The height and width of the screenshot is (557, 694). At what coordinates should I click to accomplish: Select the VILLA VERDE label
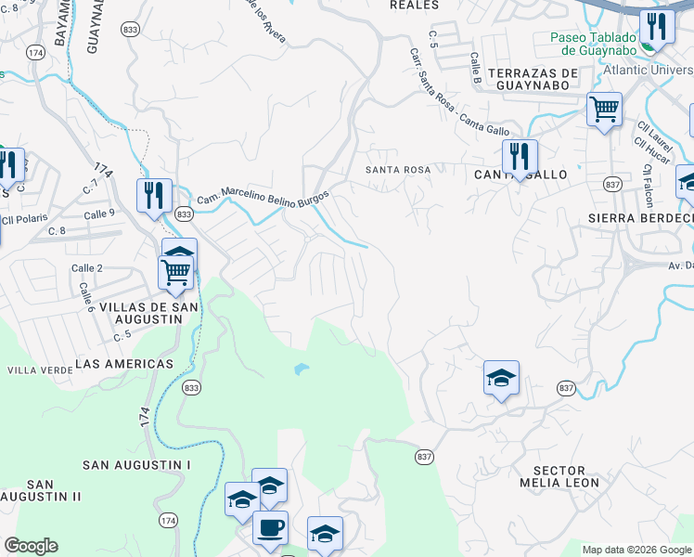pyautogui.click(x=34, y=369)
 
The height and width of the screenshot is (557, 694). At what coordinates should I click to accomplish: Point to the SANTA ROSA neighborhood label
pyautogui.click(x=398, y=170)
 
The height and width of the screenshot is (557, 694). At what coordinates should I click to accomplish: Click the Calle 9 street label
pyautogui.click(x=99, y=213)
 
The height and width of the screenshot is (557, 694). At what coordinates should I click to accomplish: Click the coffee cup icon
pyautogui.click(x=270, y=527)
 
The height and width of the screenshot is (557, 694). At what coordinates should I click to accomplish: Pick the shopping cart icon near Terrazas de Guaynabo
pyautogui.click(x=604, y=110)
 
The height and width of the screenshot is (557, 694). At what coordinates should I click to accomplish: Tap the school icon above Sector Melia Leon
pyautogui.click(x=501, y=377)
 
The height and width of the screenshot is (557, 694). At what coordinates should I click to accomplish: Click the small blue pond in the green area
pyautogui.click(x=300, y=369)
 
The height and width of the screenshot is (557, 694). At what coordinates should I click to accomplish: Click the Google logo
pyautogui.click(x=31, y=546)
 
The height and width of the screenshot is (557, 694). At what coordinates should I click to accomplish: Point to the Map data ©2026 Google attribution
pyautogui.click(x=636, y=550)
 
